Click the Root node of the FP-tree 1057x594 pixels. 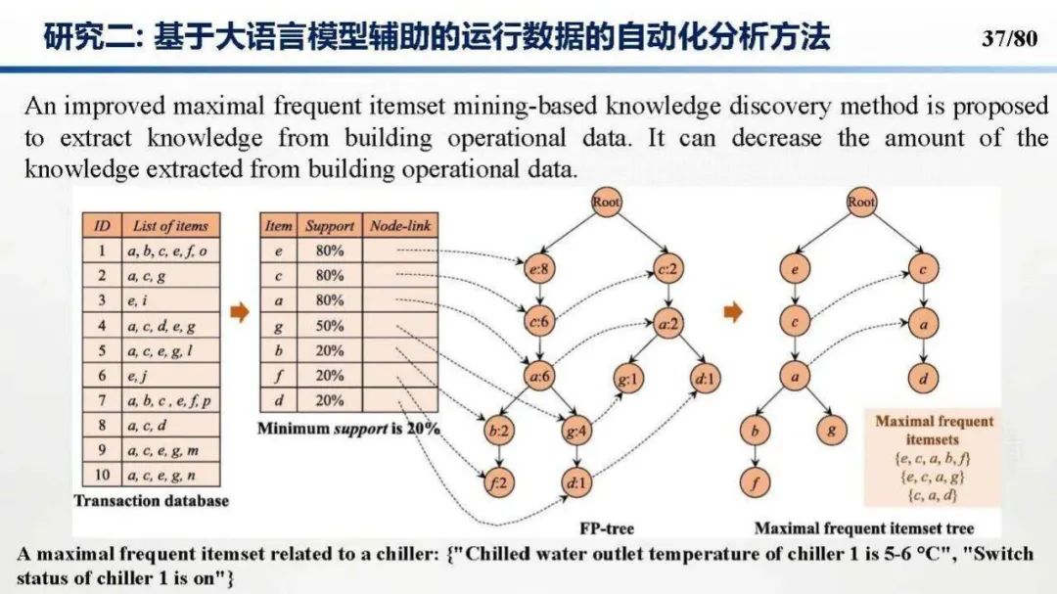coord(607,203)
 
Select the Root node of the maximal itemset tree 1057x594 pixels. coord(861,203)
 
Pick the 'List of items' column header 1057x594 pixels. coord(171,226)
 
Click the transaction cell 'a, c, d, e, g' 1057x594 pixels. coord(161,326)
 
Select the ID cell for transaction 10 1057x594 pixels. coord(101,476)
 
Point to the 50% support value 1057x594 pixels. coord(330,326)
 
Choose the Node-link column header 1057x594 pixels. coord(400,226)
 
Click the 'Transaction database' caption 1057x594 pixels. coord(152,501)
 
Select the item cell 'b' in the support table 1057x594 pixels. coord(279,350)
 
